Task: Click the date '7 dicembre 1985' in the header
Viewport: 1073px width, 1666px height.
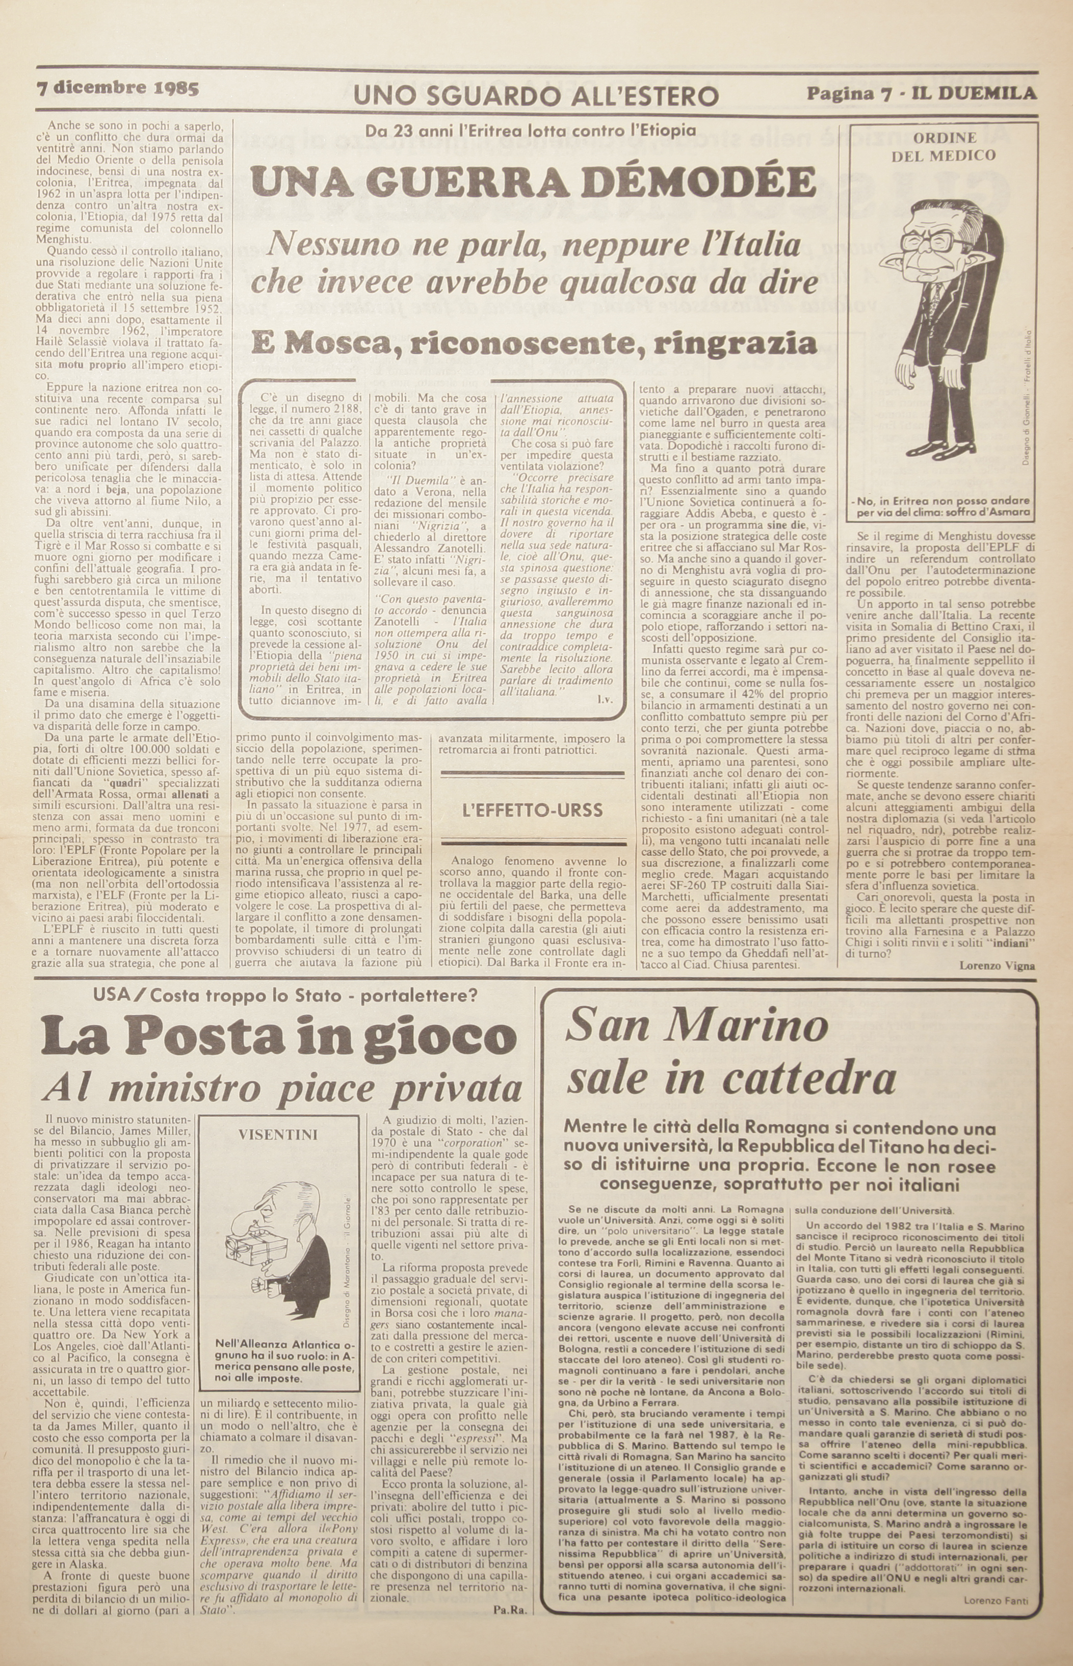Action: [118, 89]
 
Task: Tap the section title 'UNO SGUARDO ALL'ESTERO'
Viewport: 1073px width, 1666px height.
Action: [536, 95]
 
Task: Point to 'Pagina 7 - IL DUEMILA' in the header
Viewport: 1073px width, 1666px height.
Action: [921, 93]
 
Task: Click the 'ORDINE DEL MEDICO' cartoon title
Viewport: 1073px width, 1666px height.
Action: [944, 146]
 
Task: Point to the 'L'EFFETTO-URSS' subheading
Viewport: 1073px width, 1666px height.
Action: [532, 810]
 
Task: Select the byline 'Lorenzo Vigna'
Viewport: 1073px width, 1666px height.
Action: [997, 965]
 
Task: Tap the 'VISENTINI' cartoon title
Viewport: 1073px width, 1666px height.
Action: [278, 1134]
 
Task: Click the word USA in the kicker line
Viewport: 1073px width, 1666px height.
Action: [112, 995]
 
